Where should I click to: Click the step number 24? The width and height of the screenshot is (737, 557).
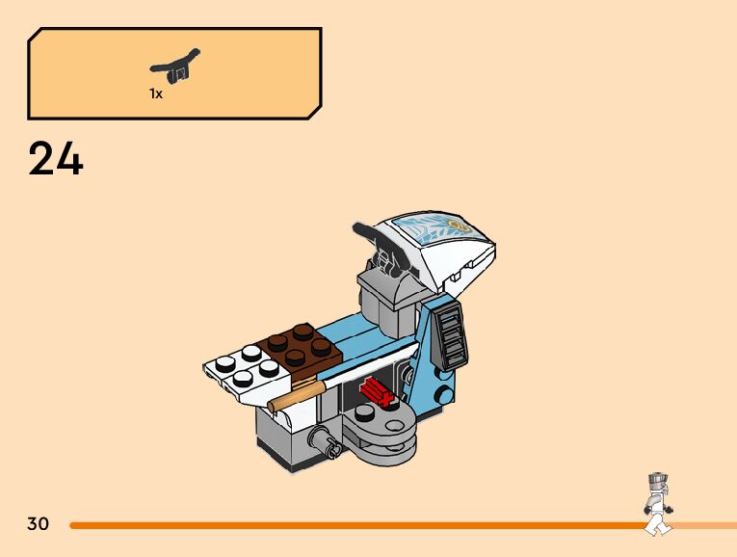coord(56,159)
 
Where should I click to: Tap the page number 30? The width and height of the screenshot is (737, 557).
coord(38,524)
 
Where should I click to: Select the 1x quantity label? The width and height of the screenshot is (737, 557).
coord(155,93)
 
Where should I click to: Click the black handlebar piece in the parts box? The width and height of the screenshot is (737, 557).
coord(175,66)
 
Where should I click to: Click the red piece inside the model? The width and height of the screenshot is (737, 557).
coord(375,393)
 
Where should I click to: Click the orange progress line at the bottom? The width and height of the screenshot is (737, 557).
coord(356,525)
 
